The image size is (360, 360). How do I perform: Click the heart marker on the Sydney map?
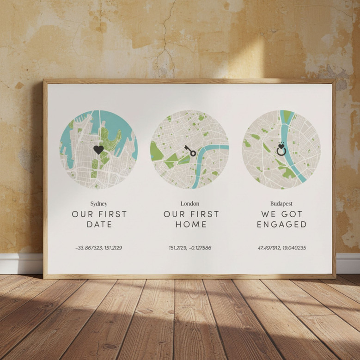pos(98,150)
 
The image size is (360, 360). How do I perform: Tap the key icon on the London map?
pos(190,151)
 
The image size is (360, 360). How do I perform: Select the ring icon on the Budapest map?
pos(281,150)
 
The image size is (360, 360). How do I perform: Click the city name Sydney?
pos(99,203)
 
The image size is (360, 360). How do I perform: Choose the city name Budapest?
pos(281,203)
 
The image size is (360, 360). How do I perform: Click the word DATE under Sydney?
pos(99,225)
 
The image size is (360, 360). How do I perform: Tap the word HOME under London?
pos(191,225)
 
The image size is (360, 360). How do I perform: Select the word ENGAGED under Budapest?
pos(282,225)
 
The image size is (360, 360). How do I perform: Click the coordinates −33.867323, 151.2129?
pos(98,248)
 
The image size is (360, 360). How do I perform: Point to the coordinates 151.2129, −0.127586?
pos(190,248)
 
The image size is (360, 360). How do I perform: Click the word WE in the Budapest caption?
pos(269,214)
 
